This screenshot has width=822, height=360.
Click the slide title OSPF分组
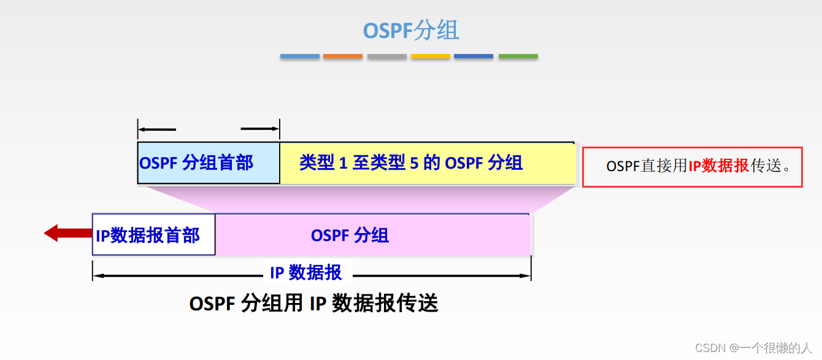point(411,30)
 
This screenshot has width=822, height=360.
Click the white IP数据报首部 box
point(153,235)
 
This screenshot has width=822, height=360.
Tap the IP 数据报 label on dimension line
point(306,272)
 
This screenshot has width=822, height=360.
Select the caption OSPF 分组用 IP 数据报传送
point(313,304)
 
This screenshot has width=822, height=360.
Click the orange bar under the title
point(343,56)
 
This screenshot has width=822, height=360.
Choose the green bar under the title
point(518,56)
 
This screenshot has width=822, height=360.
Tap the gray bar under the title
point(386,56)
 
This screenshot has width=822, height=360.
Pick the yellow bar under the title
point(430,56)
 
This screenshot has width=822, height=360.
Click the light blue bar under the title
point(299,56)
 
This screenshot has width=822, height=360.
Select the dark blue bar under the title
point(474,56)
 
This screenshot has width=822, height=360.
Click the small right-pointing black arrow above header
point(260,129)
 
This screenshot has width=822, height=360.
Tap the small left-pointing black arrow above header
point(157,129)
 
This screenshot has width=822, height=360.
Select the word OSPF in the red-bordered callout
point(623,166)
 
